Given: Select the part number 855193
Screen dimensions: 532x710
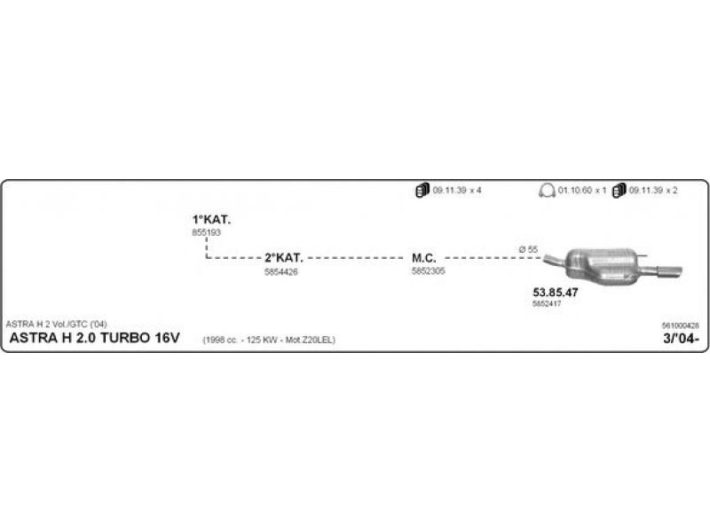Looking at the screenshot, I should tap(205, 232).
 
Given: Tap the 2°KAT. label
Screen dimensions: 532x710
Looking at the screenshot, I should tap(283, 258).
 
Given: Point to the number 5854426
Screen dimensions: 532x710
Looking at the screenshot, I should tap(280, 271).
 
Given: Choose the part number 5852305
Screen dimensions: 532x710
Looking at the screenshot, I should tap(428, 271).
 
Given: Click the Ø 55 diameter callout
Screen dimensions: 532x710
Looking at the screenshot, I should tap(528, 249).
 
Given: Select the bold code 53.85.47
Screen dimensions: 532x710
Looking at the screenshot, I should tap(556, 292).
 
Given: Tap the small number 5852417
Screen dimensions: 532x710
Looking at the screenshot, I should tap(546, 303).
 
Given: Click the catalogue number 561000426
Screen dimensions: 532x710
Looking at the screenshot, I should tap(681, 326).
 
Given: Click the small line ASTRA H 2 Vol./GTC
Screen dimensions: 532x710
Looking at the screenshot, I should tap(55, 323).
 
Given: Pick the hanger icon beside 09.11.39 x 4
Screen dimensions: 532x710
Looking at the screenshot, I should tap(422, 191).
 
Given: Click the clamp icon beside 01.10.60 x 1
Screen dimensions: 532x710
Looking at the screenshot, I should tap(547, 191).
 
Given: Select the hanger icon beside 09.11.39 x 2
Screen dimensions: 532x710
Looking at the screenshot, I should tap(619, 191).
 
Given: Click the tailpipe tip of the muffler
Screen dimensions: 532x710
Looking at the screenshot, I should tap(673, 270).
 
